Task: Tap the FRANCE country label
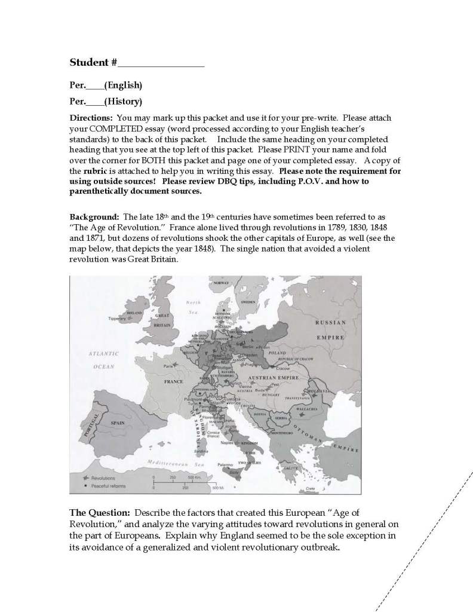click(174, 381)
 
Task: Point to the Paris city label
click(168, 365)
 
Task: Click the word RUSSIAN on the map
click(330, 322)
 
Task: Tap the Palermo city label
click(225, 464)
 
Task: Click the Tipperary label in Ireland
click(118, 319)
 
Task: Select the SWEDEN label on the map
click(248, 302)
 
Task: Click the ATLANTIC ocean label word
click(103, 353)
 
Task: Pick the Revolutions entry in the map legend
click(102, 478)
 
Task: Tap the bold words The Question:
click(100, 513)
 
